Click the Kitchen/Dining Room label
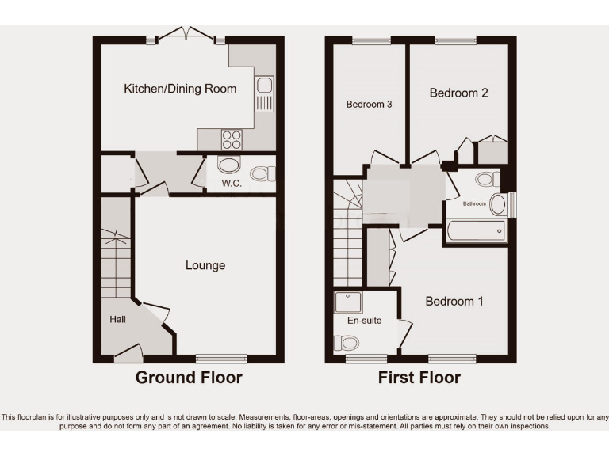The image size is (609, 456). click(x=180, y=89)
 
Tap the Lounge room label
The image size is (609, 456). click(x=205, y=265)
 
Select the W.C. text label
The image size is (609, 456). click(x=232, y=184)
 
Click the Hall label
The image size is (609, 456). click(x=117, y=319)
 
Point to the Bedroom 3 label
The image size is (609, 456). click(x=369, y=104)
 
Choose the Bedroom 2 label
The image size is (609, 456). click(x=458, y=93)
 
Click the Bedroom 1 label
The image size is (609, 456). click(x=454, y=301)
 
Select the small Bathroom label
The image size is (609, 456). click(x=475, y=203)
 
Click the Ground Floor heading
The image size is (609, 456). click(x=189, y=378)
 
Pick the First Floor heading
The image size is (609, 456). click(x=419, y=378)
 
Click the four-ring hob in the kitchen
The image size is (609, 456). click(x=231, y=139)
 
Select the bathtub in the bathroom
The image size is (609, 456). click(x=476, y=230)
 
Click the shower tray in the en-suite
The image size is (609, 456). click(x=347, y=302)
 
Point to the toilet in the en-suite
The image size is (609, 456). click(x=347, y=343)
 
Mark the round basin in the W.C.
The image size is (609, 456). click(x=228, y=165)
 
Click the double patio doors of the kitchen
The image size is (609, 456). click(x=186, y=34)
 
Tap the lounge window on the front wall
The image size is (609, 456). click(x=216, y=358)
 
